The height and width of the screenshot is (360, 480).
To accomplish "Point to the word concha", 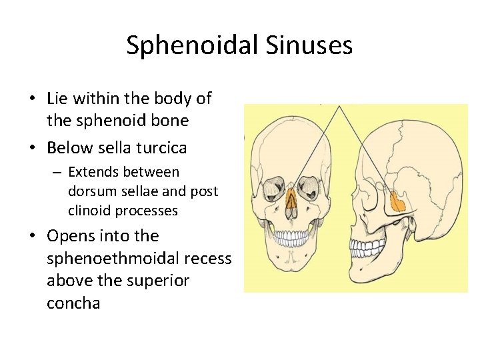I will tap(73, 303).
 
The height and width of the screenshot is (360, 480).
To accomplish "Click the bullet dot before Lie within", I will tap(32, 99).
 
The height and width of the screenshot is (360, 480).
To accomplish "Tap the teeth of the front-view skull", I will tap(291, 237).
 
